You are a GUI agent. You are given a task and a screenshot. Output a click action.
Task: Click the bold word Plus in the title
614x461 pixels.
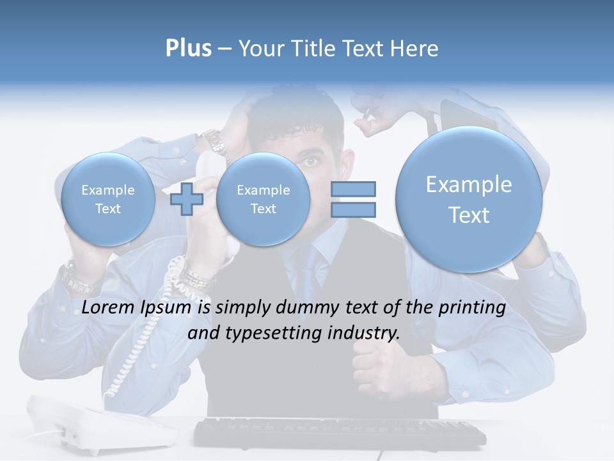[x=188, y=48]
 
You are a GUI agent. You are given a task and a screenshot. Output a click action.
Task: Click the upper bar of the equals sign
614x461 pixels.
[x=352, y=189]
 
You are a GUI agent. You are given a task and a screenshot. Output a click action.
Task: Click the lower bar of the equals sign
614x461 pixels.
[x=352, y=209]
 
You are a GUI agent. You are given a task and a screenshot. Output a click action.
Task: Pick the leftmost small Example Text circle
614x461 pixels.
[x=107, y=199]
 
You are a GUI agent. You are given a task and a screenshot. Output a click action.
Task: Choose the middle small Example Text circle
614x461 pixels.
[x=263, y=199]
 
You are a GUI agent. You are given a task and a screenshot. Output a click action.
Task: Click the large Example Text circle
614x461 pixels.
[x=469, y=199]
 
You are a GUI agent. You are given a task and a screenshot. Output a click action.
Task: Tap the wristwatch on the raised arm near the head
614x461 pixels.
[x=215, y=142]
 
